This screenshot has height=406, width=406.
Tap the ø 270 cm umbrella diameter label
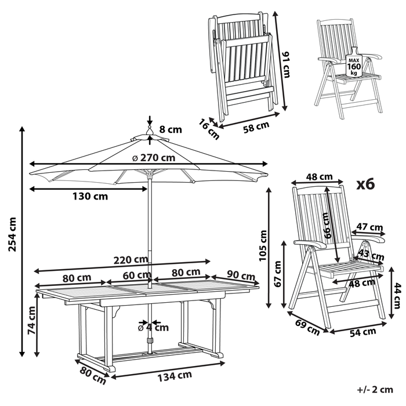point(153,157)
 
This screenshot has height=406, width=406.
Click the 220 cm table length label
point(130,259)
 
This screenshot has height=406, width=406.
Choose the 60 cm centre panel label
point(137,274)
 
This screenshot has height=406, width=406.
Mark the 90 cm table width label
point(240,275)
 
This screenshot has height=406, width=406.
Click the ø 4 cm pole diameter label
point(154,327)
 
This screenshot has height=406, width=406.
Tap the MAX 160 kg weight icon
point(353,64)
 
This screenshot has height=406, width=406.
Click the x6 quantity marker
point(365,184)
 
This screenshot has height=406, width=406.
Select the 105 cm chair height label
point(263,244)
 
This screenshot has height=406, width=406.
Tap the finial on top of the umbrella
point(149,132)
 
